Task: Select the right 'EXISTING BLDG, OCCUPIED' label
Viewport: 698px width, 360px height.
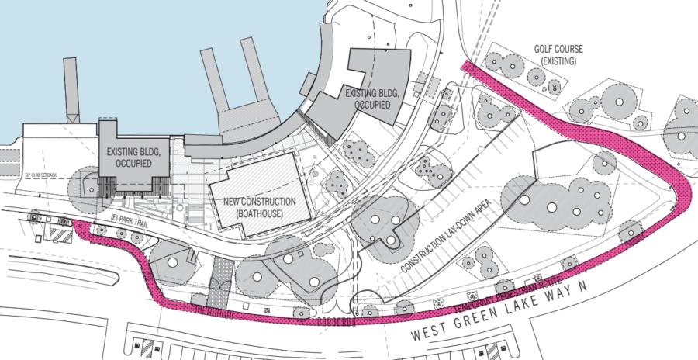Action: (373, 98)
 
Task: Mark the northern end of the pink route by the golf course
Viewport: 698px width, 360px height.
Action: (466, 64)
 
